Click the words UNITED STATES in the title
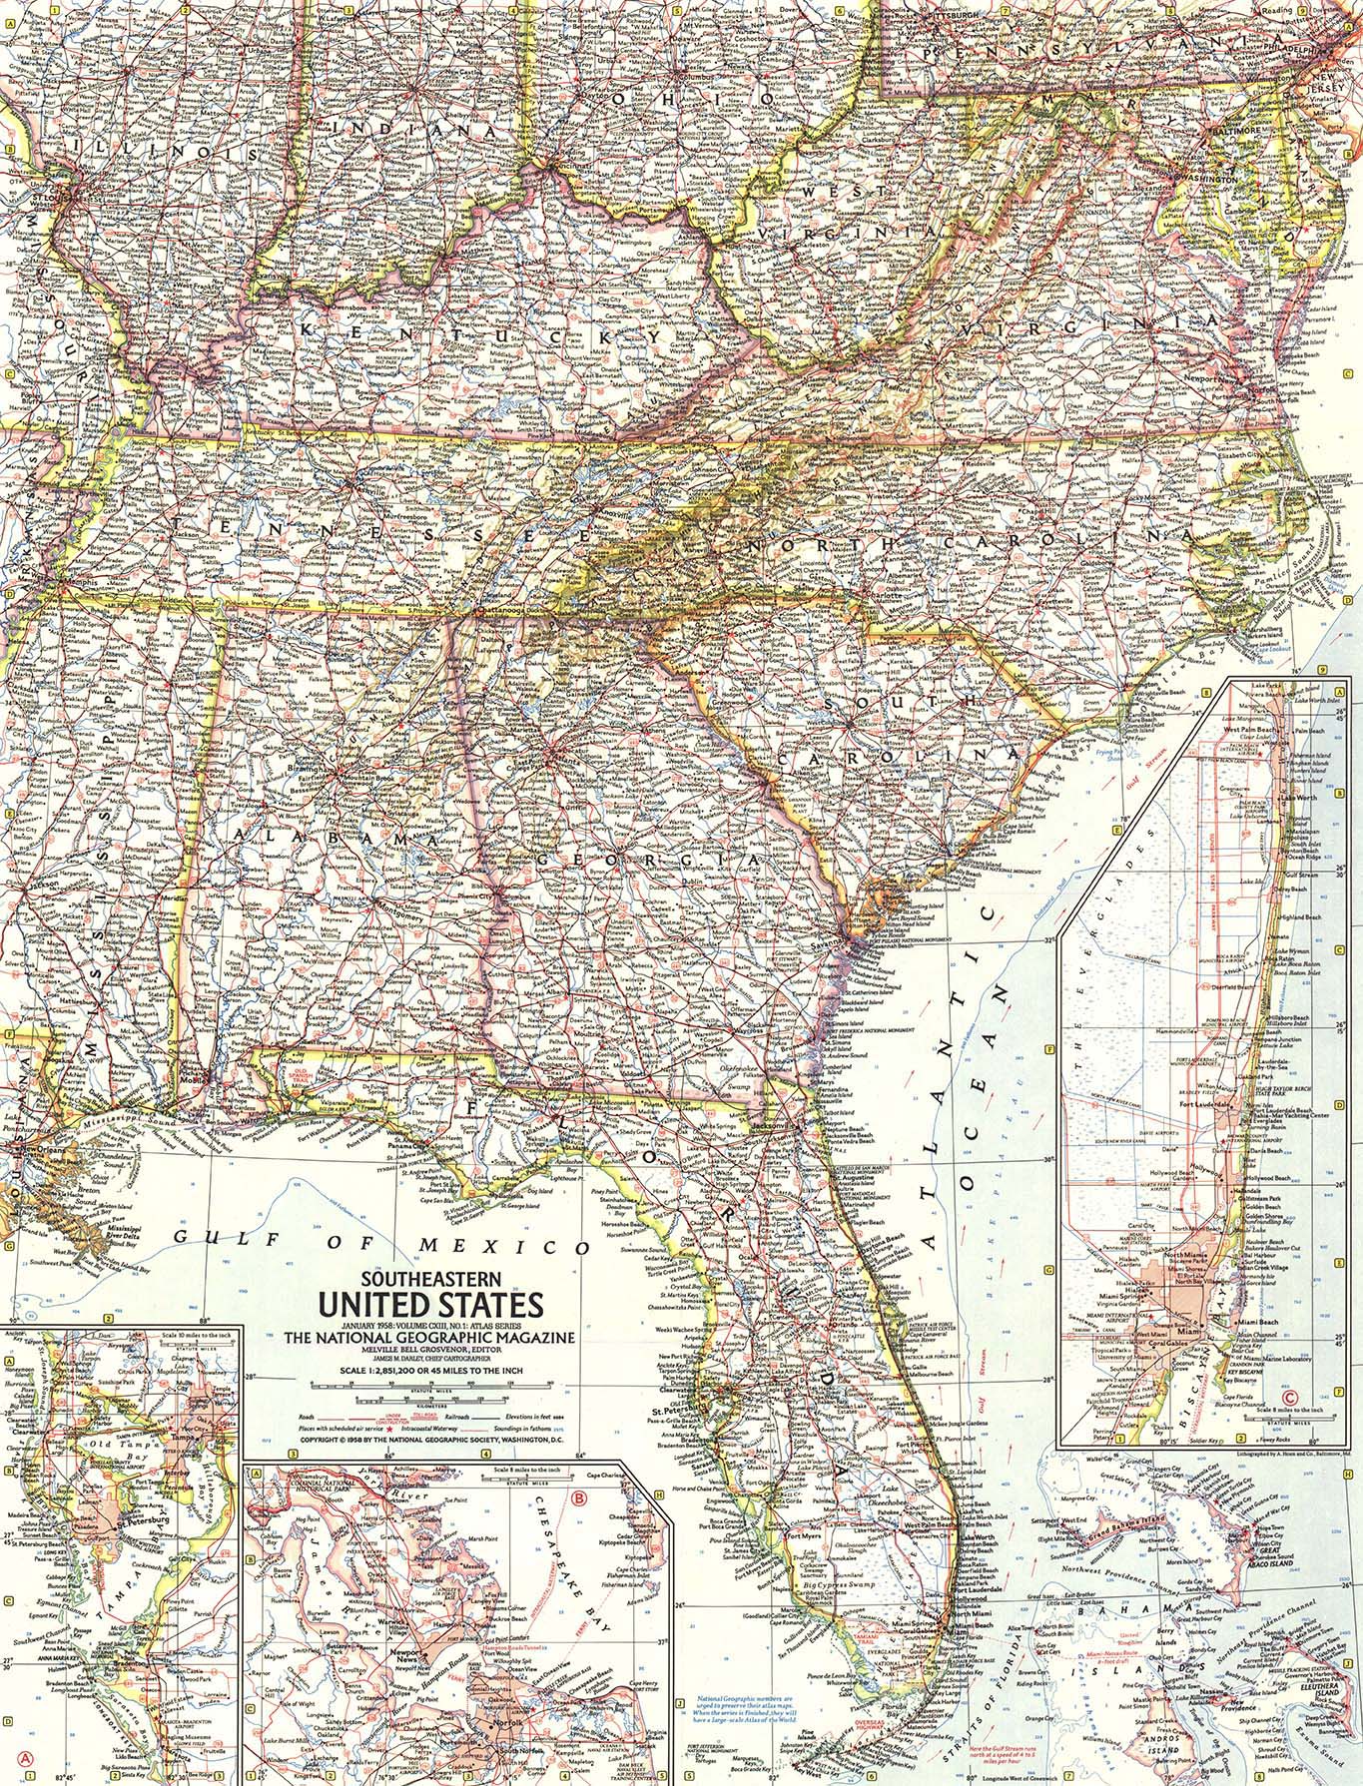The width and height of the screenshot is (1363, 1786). [430, 1303]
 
